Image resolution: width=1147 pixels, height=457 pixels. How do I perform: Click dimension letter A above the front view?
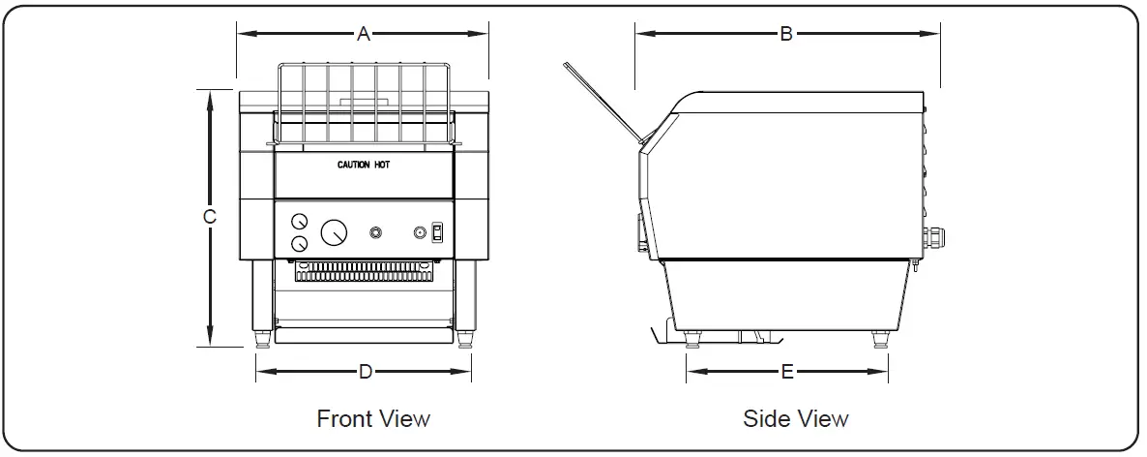tap(364, 34)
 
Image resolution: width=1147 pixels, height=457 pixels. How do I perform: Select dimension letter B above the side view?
tap(786, 34)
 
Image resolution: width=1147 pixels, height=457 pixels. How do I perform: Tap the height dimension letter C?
tap(209, 218)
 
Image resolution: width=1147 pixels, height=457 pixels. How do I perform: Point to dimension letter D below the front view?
tap(365, 371)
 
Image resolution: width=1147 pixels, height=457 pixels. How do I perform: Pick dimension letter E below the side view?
tap(787, 371)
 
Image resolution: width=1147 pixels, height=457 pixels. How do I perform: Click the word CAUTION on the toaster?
tap(353, 166)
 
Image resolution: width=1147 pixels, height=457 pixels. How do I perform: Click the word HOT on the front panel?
tap(382, 166)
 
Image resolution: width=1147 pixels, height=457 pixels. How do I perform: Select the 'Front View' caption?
tap(373, 418)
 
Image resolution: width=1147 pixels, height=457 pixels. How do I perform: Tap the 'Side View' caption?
tap(796, 418)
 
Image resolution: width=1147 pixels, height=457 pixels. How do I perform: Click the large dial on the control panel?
tap(334, 232)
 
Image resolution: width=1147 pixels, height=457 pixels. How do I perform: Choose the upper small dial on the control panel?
tap(299, 221)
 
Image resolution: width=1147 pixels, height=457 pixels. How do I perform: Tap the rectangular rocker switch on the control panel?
tap(437, 232)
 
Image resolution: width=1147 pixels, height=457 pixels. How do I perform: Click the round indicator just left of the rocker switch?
tap(420, 232)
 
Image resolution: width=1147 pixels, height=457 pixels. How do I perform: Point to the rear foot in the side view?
tap(879, 340)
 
